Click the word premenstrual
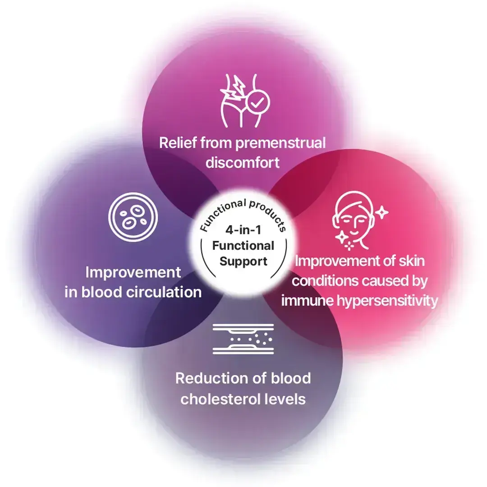click(280, 144)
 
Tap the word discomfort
click(243, 162)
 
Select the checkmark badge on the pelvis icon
click(257, 102)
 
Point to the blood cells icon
click(133, 217)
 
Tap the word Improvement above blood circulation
click(133, 272)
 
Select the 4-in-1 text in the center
click(243, 230)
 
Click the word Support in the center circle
click(243, 261)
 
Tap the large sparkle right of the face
click(382, 212)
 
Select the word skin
click(412, 261)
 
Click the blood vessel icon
click(243, 339)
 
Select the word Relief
click(178, 143)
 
